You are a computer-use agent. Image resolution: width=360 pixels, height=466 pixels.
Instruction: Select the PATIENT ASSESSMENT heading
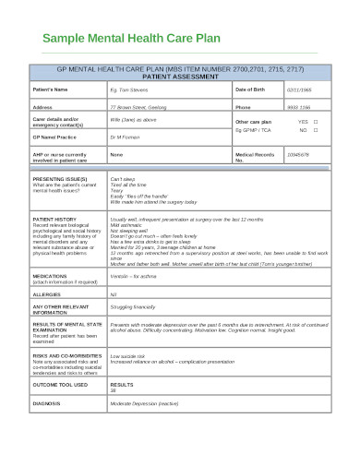[x=180, y=76]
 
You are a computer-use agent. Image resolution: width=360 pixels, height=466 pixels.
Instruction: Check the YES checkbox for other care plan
[x=315, y=121]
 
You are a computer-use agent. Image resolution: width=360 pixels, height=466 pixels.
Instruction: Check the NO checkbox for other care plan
[x=315, y=130]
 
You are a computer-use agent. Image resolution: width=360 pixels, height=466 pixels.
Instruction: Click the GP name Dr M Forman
[x=126, y=137]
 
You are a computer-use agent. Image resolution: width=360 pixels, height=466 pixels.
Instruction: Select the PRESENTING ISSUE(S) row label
[x=59, y=177]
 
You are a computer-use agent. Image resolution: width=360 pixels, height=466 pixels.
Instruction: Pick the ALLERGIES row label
[x=49, y=292]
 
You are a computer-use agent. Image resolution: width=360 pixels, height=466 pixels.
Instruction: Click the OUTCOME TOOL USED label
[x=61, y=384]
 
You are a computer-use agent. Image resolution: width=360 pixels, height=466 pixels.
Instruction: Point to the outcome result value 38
[x=114, y=389]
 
